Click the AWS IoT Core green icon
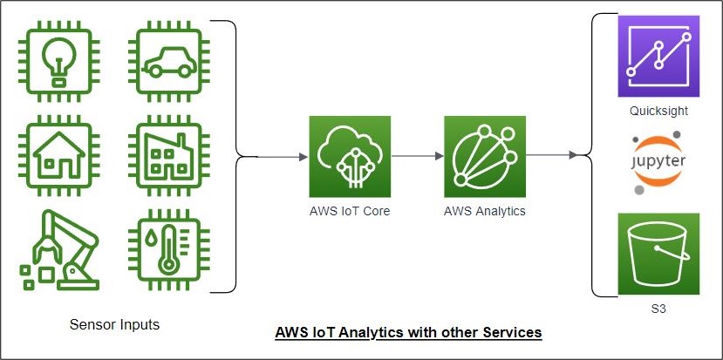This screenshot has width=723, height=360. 350,157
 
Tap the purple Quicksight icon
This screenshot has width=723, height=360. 658,56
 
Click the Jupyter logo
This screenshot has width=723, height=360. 658,163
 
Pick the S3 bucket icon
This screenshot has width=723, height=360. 658,254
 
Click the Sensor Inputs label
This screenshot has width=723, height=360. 114,325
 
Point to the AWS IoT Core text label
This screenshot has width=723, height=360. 349,210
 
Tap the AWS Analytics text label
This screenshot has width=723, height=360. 484,210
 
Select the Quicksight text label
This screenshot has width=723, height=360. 658,112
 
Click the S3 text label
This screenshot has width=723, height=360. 658,309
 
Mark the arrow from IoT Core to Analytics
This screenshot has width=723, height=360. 417,157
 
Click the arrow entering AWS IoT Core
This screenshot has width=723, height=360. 283,157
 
